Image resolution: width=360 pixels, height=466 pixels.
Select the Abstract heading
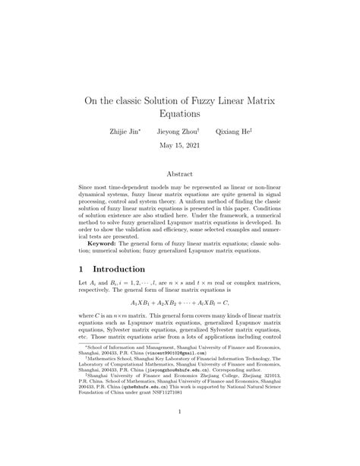[x=180, y=174]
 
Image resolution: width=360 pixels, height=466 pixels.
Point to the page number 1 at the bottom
[x=180, y=413]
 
